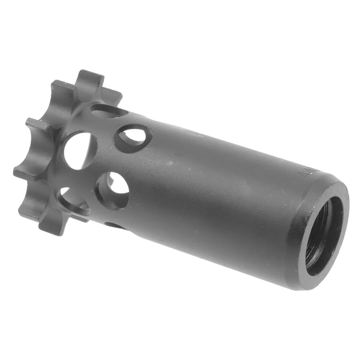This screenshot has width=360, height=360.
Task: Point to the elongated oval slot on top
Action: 108,111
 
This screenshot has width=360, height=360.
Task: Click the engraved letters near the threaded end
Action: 309,177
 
